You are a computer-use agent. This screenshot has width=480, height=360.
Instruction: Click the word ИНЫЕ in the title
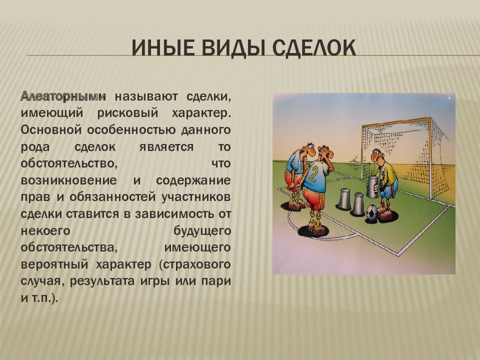pos(163,48)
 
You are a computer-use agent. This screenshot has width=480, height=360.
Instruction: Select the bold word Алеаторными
pos(63,96)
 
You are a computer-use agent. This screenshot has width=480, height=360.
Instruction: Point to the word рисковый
pos(127,113)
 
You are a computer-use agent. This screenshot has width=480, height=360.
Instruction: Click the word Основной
pos(51,130)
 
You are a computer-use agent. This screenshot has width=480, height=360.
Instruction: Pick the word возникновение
pos(69,180)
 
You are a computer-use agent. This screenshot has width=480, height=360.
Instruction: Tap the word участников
pos(196,197)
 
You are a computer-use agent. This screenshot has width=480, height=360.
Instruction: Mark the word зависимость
pos(174,213)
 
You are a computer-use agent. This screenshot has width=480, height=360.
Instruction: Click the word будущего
pos(202,230)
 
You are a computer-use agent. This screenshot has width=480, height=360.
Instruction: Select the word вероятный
pos(54,264)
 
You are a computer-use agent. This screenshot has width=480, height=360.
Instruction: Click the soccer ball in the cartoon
pos(371,213)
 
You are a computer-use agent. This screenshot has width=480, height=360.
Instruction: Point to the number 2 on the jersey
pos(313,175)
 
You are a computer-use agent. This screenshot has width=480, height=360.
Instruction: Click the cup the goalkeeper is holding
pos(372,187)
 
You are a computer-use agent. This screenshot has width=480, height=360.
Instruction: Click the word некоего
pos(45,230)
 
